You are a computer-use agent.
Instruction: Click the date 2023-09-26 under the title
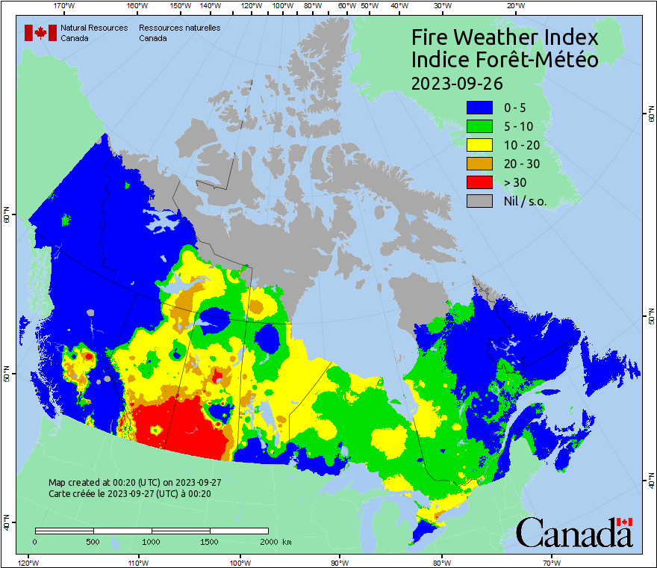pyautogui.click(x=457, y=82)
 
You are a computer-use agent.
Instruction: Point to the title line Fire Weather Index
pyautogui.click(x=505, y=37)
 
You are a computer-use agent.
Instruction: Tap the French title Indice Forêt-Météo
pyautogui.click(x=505, y=60)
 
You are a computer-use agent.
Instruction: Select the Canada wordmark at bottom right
pyautogui.click(x=574, y=533)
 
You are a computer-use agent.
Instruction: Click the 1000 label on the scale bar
pyautogui.click(x=152, y=541)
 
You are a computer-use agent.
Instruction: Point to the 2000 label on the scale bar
pyautogui.click(x=268, y=541)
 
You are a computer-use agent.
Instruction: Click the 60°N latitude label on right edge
pyautogui.click(x=650, y=116)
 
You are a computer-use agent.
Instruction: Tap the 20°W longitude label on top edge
pyautogui.click(x=514, y=6)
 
